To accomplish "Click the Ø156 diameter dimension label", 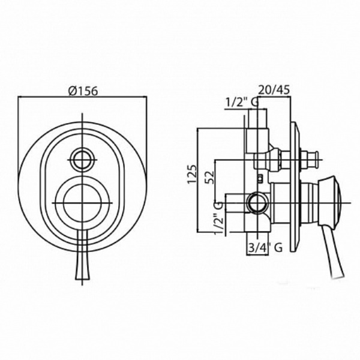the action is point(83,91).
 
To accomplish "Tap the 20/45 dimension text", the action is point(274,89).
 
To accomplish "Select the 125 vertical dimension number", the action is point(193,174).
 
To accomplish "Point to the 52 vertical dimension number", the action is point(209,177).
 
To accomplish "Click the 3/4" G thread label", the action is point(265,248).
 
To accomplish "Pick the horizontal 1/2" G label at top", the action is point(242,103).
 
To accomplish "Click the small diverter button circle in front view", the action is point(82,160).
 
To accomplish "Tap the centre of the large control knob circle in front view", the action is point(82,203).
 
